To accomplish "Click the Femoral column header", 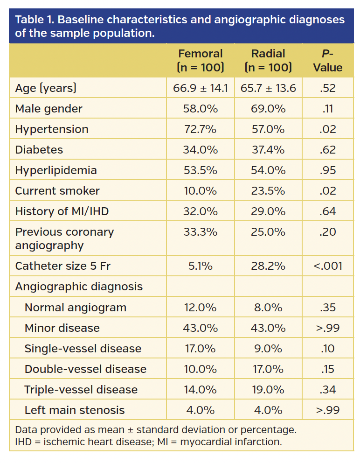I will click(201, 60).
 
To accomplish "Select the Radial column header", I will click(268, 60).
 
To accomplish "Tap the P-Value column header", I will click(327, 60).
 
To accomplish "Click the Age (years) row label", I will click(46, 88).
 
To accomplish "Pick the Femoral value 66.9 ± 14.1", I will click(201, 88).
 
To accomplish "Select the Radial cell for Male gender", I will click(268, 109).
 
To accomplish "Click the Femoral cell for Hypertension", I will click(201, 129).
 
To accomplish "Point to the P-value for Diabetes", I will click(327, 150).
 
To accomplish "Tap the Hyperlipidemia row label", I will click(56, 170).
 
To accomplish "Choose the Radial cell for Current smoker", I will click(268, 191).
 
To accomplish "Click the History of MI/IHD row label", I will click(62, 211).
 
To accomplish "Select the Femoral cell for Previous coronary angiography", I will click(201, 232).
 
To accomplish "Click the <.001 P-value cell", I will click(327, 266).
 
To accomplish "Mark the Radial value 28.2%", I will click(268, 266).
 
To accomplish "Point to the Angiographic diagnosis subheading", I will click(79, 287).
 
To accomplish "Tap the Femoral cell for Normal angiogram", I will click(201, 308).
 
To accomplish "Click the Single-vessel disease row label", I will click(83, 349).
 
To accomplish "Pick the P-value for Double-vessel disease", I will click(327, 369).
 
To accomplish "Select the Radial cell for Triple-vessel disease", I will click(268, 390).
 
